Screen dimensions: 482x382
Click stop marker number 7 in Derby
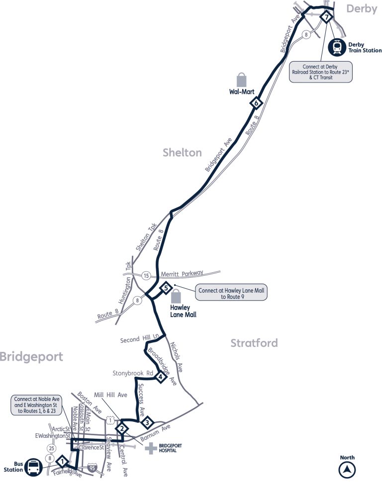[x=326, y=17]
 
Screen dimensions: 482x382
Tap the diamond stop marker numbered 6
[x=257, y=103]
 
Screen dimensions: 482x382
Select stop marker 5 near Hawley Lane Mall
[x=166, y=287]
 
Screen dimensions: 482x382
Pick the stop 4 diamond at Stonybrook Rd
[x=160, y=377]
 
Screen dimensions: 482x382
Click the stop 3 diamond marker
[x=147, y=423]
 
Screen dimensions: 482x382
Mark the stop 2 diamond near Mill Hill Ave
[x=122, y=428]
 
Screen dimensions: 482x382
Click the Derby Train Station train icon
[x=339, y=47]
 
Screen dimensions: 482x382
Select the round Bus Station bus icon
[x=33, y=467]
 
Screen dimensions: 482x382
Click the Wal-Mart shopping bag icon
[x=242, y=80]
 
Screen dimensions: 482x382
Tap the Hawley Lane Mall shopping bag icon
[x=176, y=297]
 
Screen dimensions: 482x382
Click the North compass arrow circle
[x=348, y=469]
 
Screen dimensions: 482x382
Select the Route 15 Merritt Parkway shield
[x=146, y=275]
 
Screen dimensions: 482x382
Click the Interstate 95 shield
[x=92, y=468]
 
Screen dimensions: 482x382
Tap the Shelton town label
[x=182, y=153]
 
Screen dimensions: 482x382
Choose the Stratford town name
[x=254, y=343]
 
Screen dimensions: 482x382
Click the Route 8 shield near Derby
[x=307, y=34]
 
